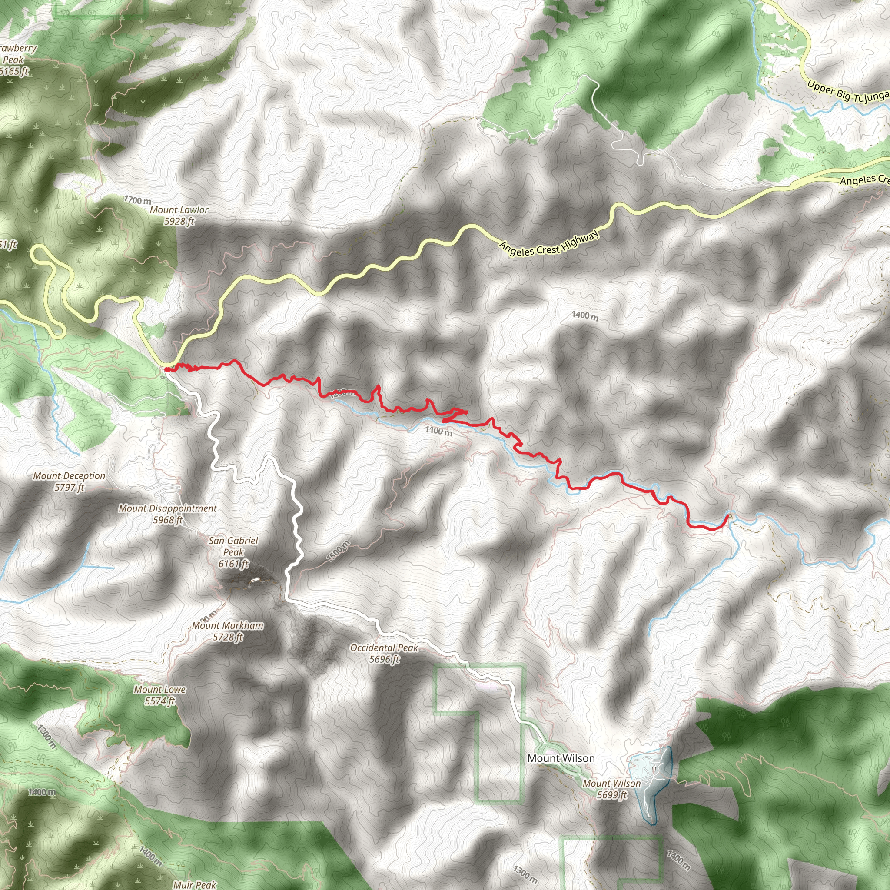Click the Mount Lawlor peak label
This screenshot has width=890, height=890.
tap(179, 215)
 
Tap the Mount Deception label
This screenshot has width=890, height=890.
tap(69, 482)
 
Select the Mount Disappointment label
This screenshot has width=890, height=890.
tap(168, 514)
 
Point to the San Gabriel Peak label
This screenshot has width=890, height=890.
tap(233, 552)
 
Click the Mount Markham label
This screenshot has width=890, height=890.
tap(228, 631)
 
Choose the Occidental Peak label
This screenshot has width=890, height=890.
tap(384, 653)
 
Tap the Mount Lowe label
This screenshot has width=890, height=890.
tap(160, 695)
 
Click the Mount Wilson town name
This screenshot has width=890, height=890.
tap(561, 758)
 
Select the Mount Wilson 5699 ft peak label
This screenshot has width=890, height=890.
tap(612, 789)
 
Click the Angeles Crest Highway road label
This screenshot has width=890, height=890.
tap(550, 243)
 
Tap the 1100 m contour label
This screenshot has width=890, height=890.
tap(438, 431)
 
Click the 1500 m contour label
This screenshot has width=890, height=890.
tap(339, 551)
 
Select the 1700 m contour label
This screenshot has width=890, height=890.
tap(137, 200)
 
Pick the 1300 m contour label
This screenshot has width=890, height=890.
tap(525, 874)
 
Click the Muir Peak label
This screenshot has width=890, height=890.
tap(194, 884)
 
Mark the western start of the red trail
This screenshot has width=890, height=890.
tap(166, 369)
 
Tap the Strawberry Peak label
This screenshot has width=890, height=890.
tap(14, 60)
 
